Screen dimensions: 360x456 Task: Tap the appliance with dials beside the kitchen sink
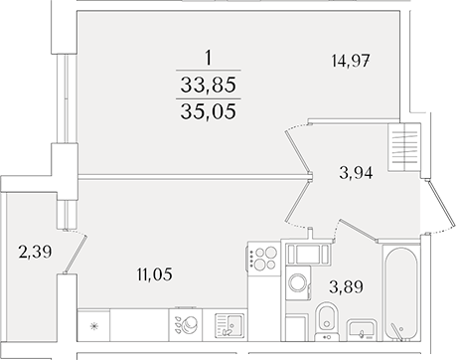tap(185, 324)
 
